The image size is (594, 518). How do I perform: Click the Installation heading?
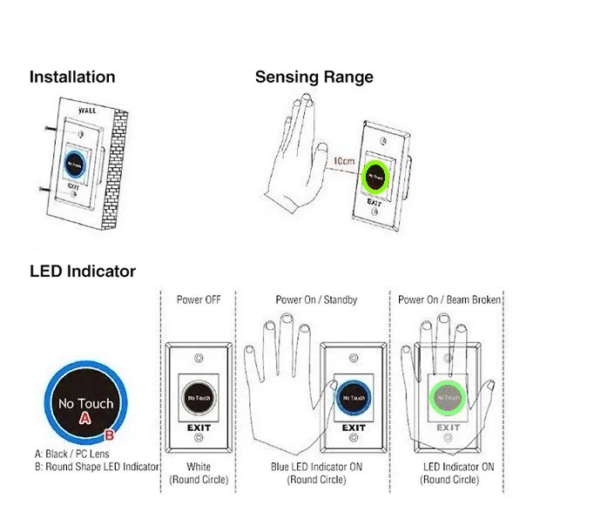pyautogui.click(x=71, y=77)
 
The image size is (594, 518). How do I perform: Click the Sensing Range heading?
pyautogui.click(x=314, y=77)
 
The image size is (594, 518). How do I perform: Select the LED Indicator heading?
pyautogui.click(x=82, y=271)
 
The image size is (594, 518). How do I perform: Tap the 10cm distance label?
pyautogui.click(x=343, y=162)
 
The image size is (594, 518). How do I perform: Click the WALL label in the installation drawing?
pyautogui.click(x=89, y=111)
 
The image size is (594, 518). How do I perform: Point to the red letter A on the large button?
pyautogui.click(x=85, y=418)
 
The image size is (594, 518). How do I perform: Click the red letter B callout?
pyautogui.click(x=110, y=433)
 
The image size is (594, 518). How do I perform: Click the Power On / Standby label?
pyautogui.click(x=316, y=299)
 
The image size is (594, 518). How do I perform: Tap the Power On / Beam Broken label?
pyautogui.click(x=449, y=299)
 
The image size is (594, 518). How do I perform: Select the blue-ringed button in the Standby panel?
pyautogui.click(x=352, y=399)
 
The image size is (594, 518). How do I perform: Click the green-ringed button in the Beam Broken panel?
pyautogui.click(x=448, y=398)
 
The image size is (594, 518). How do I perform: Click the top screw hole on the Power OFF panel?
pyautogui.click(x=200, y=358)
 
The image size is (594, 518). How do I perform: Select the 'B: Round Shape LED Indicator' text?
pyautogui.click(x=94, y=468)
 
